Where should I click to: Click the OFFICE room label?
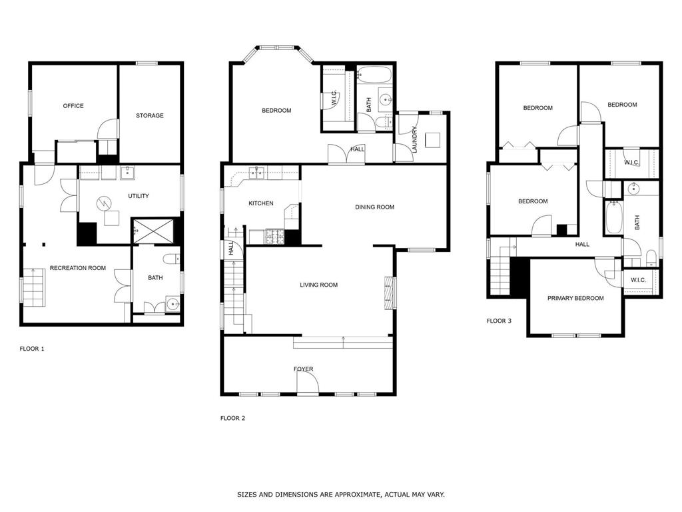pos(73,106)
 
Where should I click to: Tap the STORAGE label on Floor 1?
pos(150,115)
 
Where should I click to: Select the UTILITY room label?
pos(139,196)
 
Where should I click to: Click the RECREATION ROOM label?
pos(78,268)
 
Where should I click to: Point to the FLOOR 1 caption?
pos(32,349)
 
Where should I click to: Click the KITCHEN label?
pos(261,203)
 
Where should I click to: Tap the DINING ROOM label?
pos(374,207)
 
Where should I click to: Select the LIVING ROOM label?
pos(319,285)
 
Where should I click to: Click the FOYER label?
pos(303,369)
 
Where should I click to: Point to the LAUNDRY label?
pos(414,139)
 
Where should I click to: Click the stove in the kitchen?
pos(275,237)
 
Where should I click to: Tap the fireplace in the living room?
pos(389,293)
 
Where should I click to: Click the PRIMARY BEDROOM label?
pos(575,298)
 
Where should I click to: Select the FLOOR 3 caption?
pos(499,321)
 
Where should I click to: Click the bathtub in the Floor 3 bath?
pos(613,217)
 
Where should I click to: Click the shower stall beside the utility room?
pos(153,231)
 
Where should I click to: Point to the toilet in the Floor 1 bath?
pos(171,259)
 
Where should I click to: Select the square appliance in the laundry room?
pos(433,140)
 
